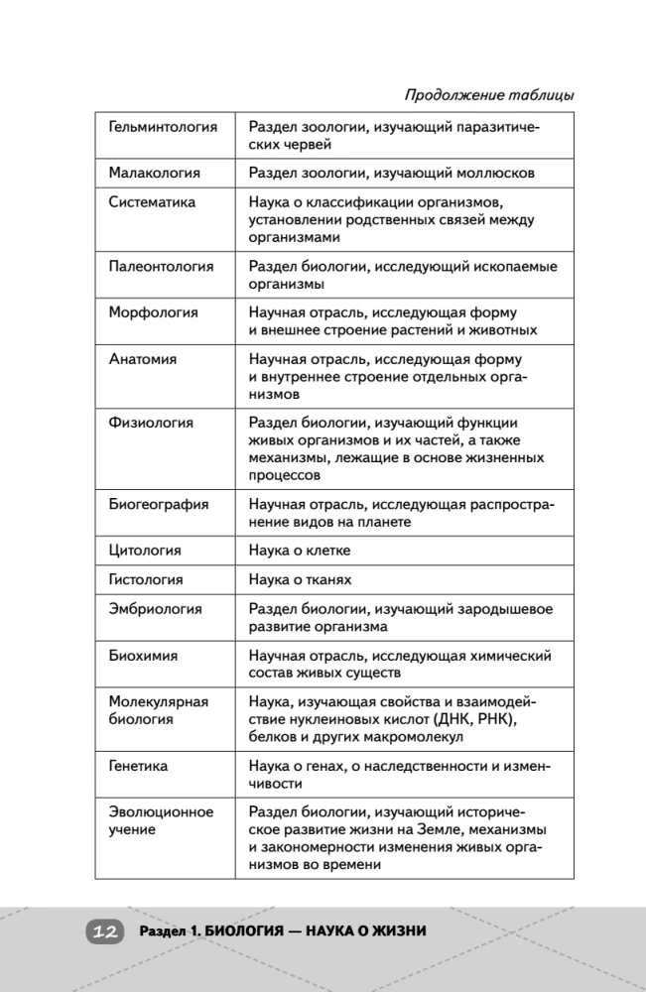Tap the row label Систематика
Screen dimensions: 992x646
(152, 201)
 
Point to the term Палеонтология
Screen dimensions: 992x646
(161, 266)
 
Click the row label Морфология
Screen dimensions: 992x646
(153, 311)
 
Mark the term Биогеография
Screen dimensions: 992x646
(158, 504)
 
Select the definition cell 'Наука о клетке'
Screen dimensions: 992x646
(299, 550)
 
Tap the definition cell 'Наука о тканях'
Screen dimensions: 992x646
(300, 579)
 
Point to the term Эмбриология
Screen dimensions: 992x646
(155, 609)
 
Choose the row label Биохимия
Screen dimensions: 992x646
(145, 656)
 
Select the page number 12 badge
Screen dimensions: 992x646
(104, 931)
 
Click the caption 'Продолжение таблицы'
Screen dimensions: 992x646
(489, 95)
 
